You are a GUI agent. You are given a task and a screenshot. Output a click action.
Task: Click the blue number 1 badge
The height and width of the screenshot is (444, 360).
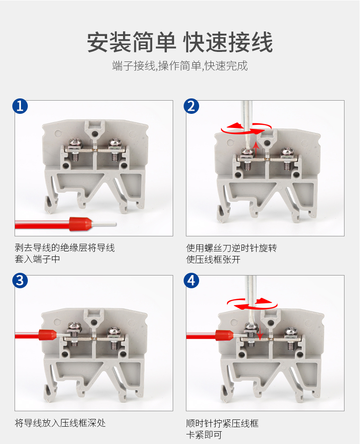tap(20, 106)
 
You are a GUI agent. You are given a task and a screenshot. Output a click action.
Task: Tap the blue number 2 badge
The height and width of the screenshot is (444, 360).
tap(191, 106)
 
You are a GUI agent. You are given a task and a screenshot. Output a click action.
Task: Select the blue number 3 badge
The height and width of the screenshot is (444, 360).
tap(20, 281)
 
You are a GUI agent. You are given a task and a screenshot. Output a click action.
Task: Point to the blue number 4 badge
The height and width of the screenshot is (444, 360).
tap(191, 281)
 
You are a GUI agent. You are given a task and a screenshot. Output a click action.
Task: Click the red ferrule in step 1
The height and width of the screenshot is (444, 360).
tap(81, 224)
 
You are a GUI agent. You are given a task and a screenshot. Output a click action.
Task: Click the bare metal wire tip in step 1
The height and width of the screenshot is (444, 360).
tap(104, 224)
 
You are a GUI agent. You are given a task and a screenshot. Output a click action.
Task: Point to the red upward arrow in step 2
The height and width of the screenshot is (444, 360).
tap(256, 149)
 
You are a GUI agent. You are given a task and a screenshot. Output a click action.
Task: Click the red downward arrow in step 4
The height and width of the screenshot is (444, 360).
tap(260, 331)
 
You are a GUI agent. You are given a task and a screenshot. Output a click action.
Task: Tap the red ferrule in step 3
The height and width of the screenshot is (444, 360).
tap(48, 335)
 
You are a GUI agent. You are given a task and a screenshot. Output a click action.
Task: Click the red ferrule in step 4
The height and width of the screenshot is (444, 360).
tap(224, 336)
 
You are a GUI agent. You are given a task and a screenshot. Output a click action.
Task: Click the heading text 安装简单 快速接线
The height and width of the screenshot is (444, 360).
tap(180, 42)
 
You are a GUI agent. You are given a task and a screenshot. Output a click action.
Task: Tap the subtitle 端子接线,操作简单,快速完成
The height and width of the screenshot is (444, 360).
tap(180, 66)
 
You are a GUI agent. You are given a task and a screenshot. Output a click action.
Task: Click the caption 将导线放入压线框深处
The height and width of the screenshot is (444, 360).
tap(60, 423)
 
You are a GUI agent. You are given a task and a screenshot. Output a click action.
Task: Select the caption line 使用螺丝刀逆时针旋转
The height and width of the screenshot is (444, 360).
tap(231, 248)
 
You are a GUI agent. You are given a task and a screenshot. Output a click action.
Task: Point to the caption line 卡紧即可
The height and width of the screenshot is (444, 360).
tap(204, 434)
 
